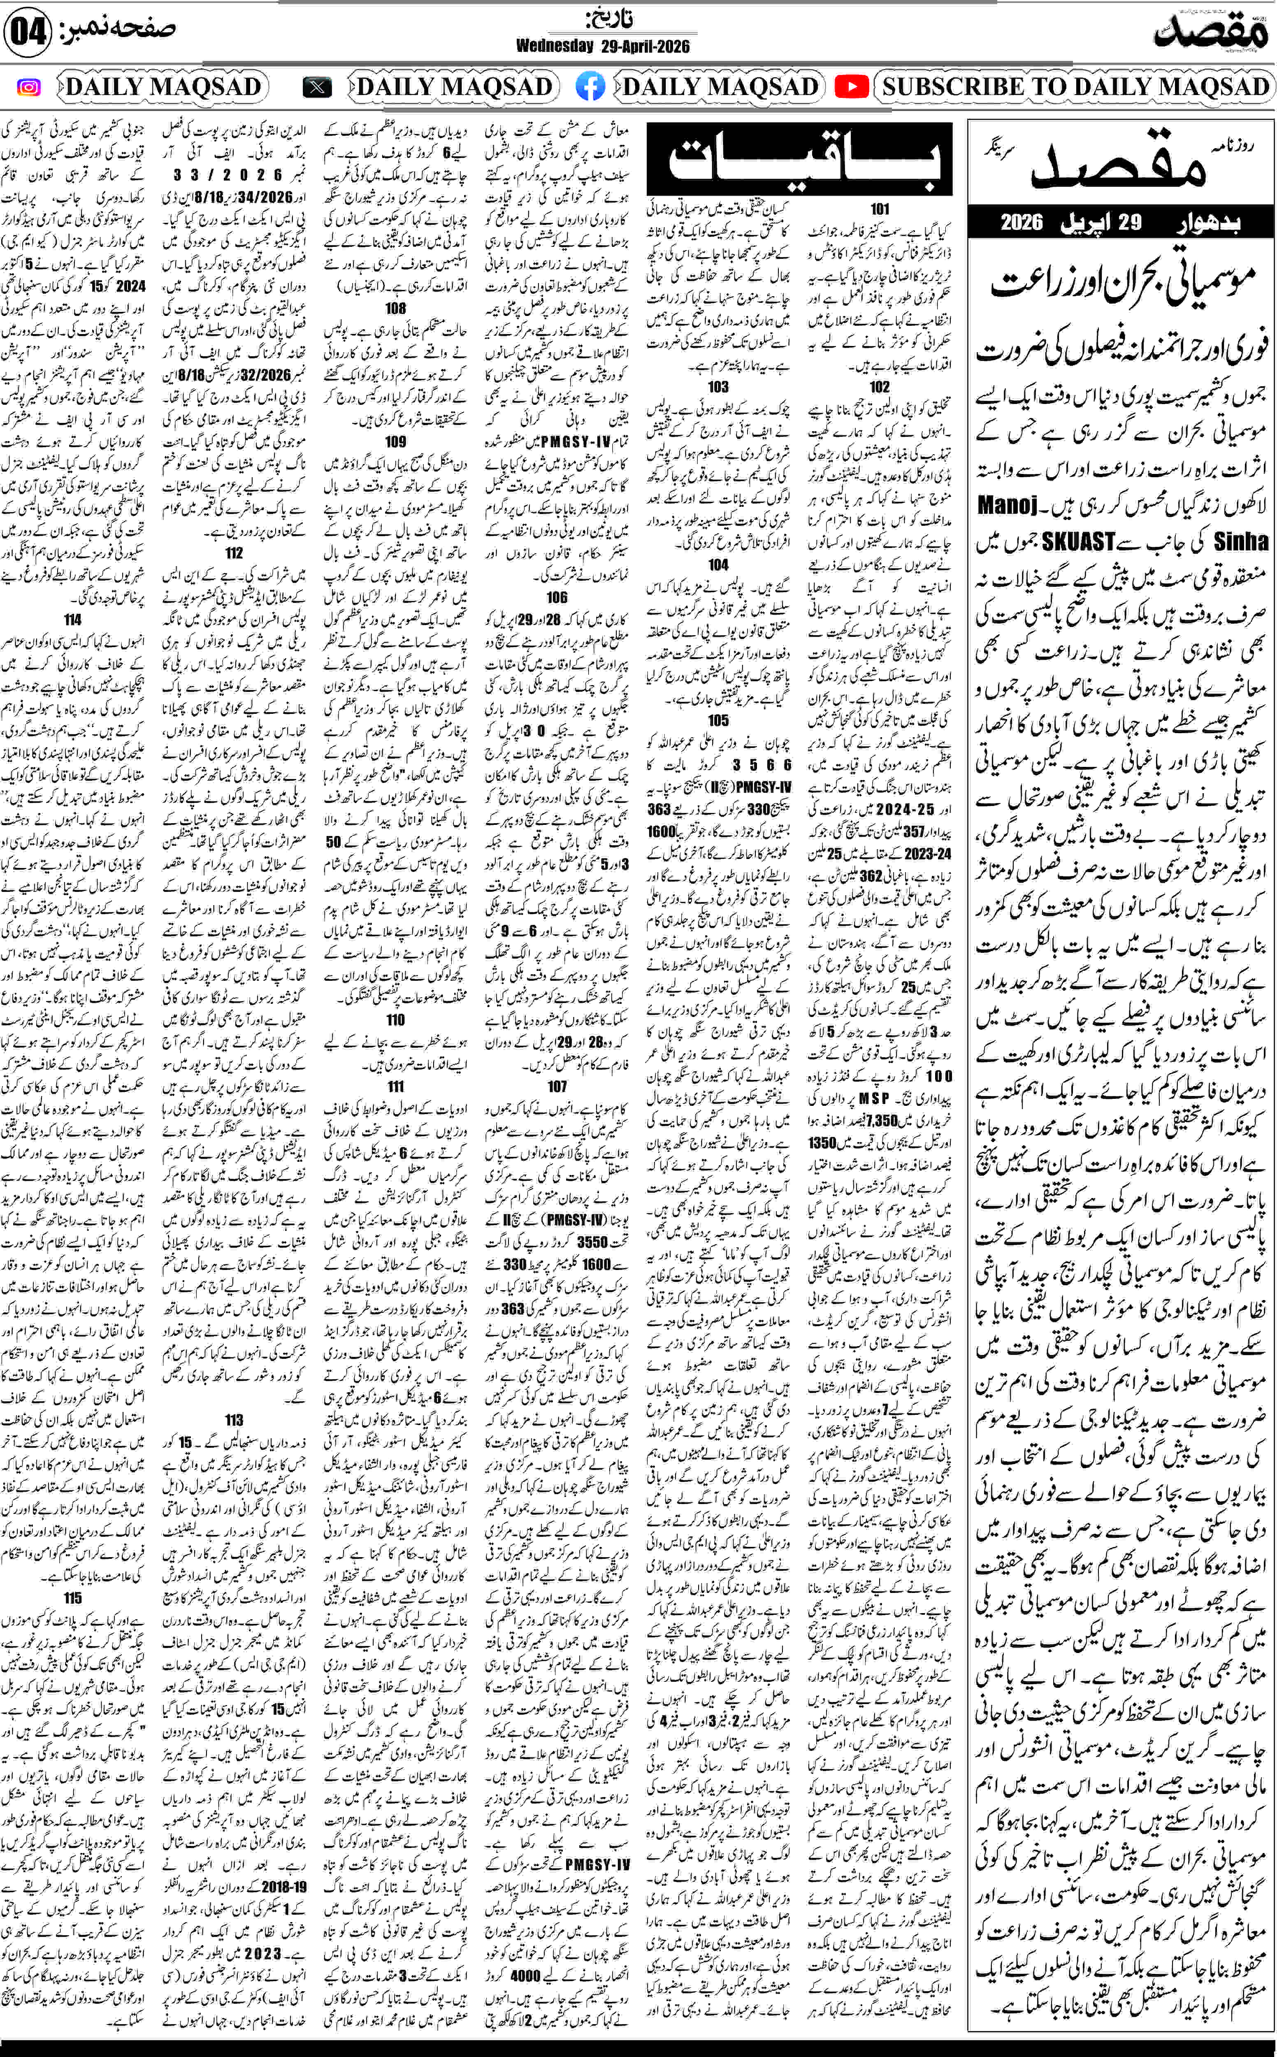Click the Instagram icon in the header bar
click(x=29, y=87)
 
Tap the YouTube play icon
click(x=851, y=87)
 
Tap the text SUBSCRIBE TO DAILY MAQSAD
click(x=1075, y=87)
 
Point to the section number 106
click(x=557, y=597)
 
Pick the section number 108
click(x=395, y=308)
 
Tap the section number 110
click(x=395, y=1020)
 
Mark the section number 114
click(x=73, y=619)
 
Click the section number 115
click(x=73, y=1597)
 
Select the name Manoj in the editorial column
click(x=1008, y=505)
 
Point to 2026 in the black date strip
click(x=1022, y=223)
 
